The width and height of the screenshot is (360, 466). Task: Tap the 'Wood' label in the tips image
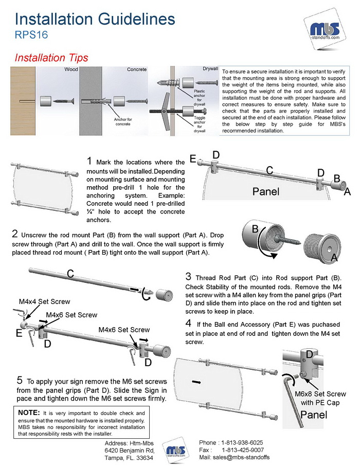click(x=70, y=68)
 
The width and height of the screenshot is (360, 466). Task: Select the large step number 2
click(x=15, y=235)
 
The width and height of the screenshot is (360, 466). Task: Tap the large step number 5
click(x=20, y=381)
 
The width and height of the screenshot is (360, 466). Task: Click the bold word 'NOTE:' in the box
click(x=29, y=413)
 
